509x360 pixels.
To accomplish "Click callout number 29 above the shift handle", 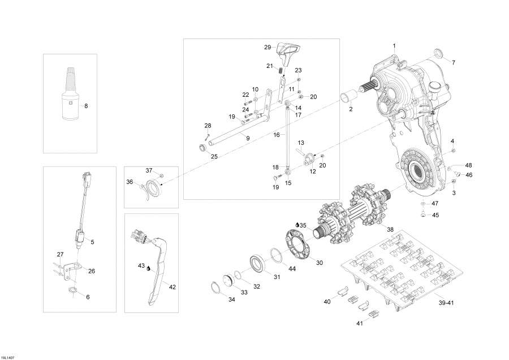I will (268, 47).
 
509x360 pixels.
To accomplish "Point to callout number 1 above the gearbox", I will (395, 45).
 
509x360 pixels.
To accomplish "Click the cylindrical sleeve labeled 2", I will (348, 96).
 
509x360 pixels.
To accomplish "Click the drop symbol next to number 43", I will (149, 270).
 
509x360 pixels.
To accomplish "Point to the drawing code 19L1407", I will (8, 356).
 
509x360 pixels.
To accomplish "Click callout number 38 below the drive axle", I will (390, 230).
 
